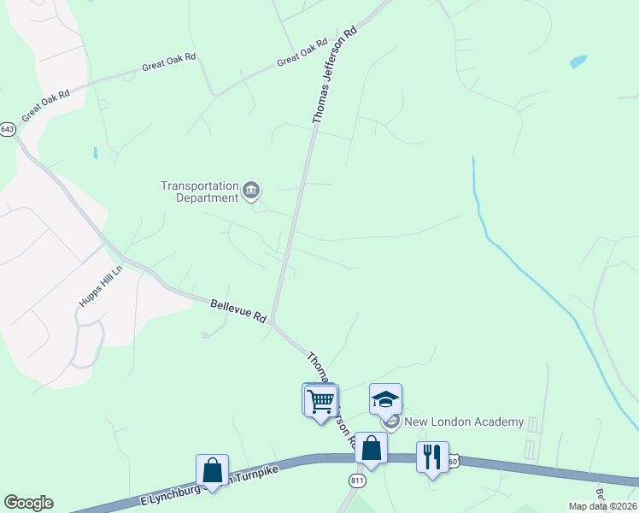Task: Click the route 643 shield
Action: [x=8, y=129]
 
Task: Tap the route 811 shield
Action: [x=356, y=482]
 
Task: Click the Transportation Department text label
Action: [x=200, y=192]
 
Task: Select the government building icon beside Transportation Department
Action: [x=251, y=191]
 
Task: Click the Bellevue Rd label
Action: [x=239, y=310]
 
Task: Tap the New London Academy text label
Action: [x=451, y=422]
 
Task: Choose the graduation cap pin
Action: [x=385, y=399]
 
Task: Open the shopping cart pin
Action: [x=320, y=400]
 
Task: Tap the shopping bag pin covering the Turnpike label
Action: [x=212, y=470]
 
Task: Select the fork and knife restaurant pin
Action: [x=432, y=457]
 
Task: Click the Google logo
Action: [x=28, y=503]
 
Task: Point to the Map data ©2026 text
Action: [x=601, y=506]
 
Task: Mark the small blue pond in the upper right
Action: [x=578, y=62]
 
